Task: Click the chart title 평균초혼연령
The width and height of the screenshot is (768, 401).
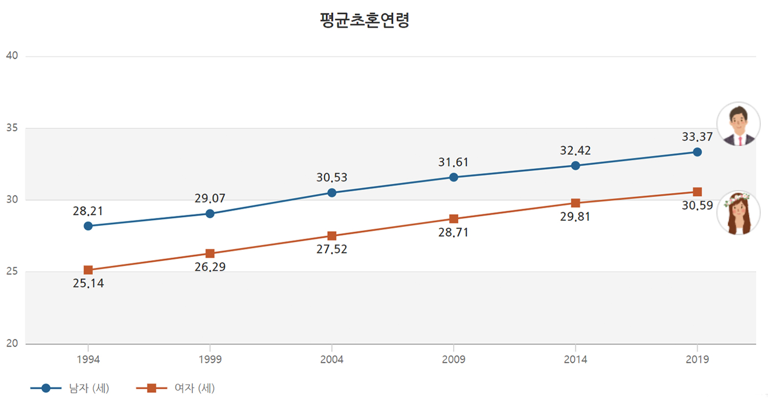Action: click(x=364, y=20)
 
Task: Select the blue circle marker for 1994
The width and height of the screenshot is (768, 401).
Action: click(x=88, y=226)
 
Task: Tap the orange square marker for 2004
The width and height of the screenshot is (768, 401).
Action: click(x=332, y=236)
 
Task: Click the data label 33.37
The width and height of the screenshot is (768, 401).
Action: click(x=697, y=137)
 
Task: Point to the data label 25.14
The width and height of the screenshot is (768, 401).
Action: click(x=88, y=284)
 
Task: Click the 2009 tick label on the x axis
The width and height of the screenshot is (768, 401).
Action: click(x=454, y=360)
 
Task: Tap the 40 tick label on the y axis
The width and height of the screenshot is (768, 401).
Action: click(x=12, y=56)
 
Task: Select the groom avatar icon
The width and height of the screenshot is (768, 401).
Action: click(x=738, y=124)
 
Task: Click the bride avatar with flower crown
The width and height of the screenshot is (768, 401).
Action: click(x=738, y=213)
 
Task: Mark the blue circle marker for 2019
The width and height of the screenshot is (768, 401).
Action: click(x=697, y=152)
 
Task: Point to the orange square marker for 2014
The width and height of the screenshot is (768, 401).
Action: click(x=575, y=203)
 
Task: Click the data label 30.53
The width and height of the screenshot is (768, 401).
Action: click(x=332, y=178)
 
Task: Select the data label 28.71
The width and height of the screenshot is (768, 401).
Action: click(x=454, y=233)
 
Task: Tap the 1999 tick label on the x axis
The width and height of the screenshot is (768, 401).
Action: click(x=210, y=360)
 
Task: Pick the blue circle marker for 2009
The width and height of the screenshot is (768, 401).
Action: click(x=454, y=177)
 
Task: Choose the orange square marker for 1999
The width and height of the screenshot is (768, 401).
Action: click(x=210, y=254)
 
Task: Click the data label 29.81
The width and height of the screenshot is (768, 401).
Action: click(x=575, y=217)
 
